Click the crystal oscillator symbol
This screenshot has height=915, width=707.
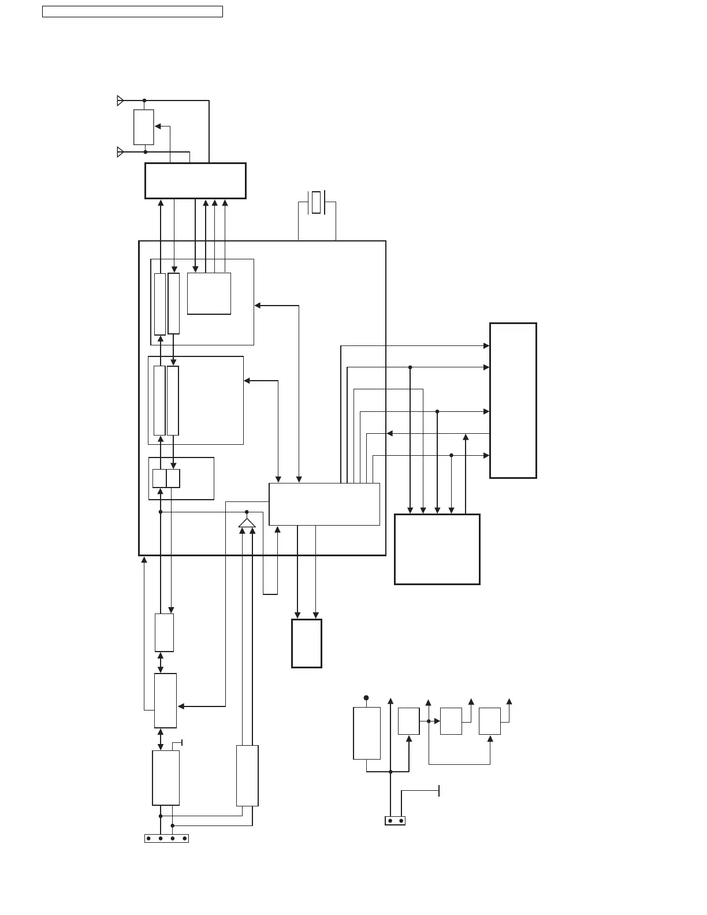[316, 202]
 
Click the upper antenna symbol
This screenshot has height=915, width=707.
[120, 101]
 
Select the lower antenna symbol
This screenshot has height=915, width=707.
[120, 152]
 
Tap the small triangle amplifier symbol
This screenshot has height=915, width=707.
[247, 523]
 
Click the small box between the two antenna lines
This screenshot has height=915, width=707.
[144, 127]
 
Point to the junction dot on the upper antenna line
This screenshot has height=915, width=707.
[144, 101]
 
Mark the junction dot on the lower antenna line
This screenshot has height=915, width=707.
[146, 152]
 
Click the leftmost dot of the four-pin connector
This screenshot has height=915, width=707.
[148, 838]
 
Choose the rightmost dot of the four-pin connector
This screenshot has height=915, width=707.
[184, 838]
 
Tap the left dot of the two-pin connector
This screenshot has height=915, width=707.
[390, 820]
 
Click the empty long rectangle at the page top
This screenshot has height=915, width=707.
[132, 12]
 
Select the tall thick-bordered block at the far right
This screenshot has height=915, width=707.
[513, 400]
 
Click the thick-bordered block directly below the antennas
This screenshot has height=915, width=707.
[195, 181]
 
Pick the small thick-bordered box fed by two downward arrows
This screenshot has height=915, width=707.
[306, 644]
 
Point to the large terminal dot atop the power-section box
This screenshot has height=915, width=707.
[366, 698]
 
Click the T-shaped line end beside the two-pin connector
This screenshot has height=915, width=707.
[439, 790]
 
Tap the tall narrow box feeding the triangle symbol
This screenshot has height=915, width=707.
[247, 775]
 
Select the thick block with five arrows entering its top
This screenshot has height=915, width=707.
[437, 549]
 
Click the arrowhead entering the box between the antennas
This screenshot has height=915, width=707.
[158, 126]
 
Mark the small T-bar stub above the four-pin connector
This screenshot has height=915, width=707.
[182, 742]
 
